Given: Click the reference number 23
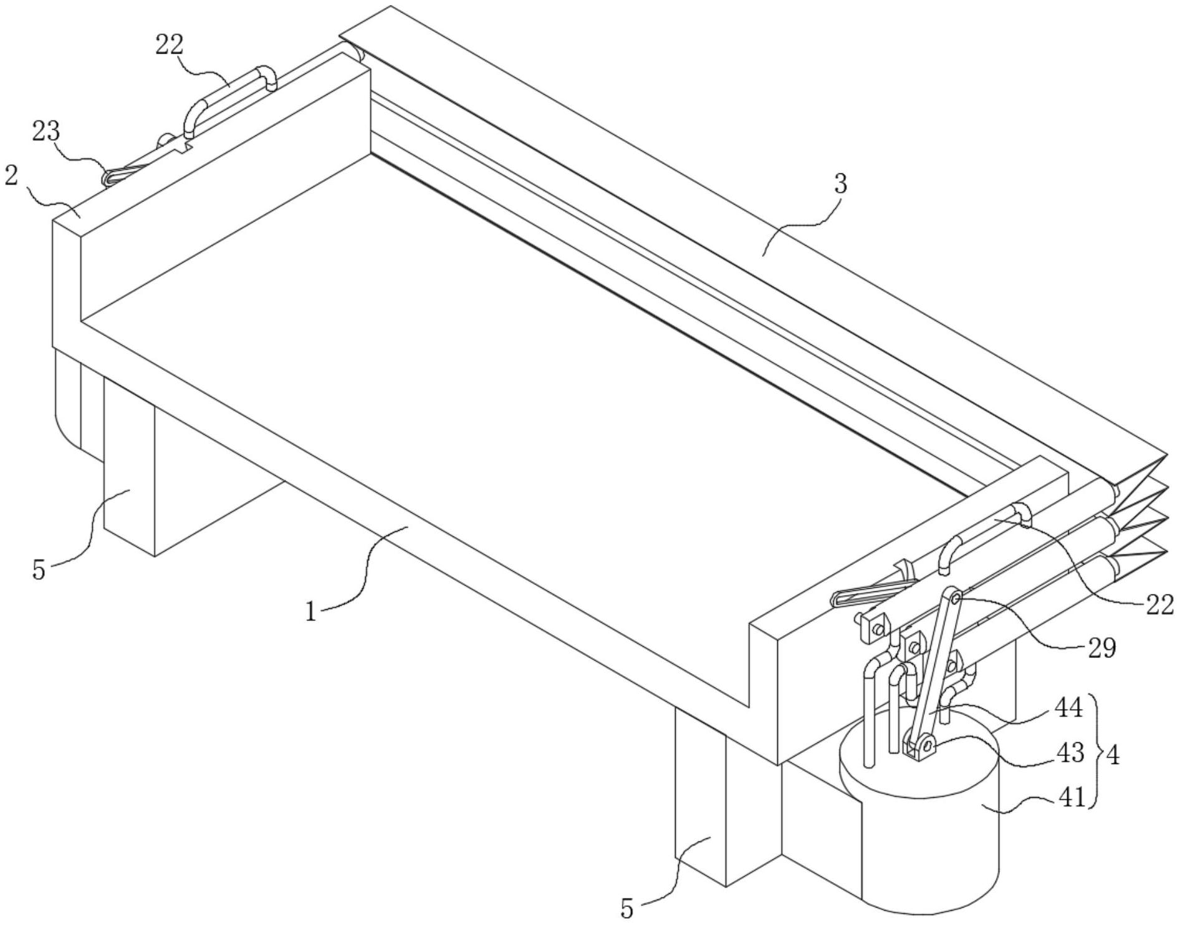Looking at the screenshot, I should pyautogui.click(x=46, y=132).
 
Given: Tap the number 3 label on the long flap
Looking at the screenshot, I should pyautogui.click(x=841, y=185).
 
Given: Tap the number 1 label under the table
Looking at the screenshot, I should pyautogui.click(x=312, y=612).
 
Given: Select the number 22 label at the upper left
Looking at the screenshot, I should pyautogui.click(x=169, y=45).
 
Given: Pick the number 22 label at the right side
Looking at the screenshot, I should pyautogui.click(x=1159, y=604).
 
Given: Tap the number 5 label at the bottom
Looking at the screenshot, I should pyautogui.click(x=626, y=909).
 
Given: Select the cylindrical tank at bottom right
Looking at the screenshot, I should pyautogui.click(x=919, y=830).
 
